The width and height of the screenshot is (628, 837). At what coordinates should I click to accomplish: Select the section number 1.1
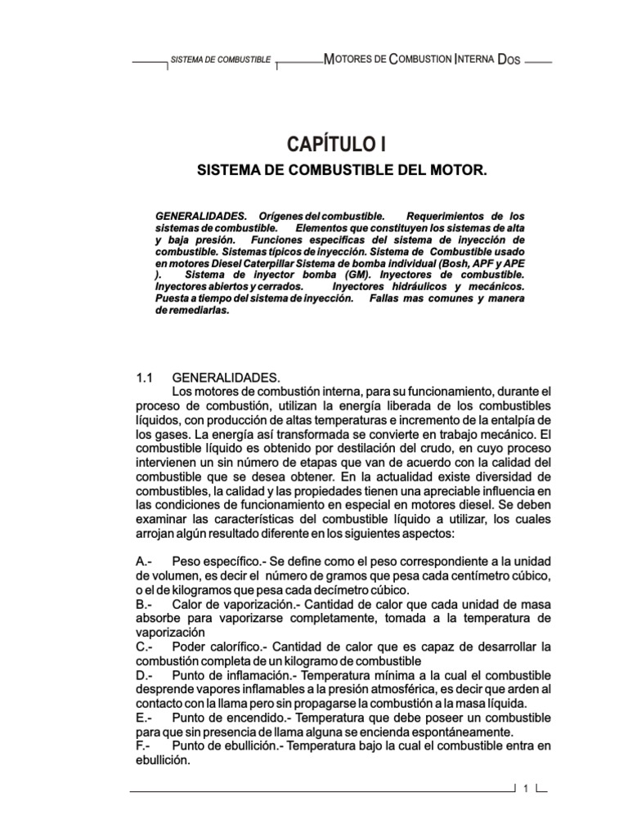(x=145, y=378)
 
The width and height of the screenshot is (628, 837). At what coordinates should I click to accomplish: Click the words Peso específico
(x=211, y=562)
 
